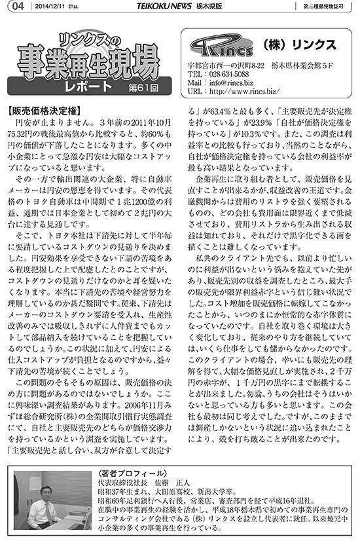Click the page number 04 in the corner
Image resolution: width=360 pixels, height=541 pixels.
[17, 7]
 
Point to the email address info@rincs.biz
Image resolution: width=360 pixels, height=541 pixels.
[224, 83]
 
